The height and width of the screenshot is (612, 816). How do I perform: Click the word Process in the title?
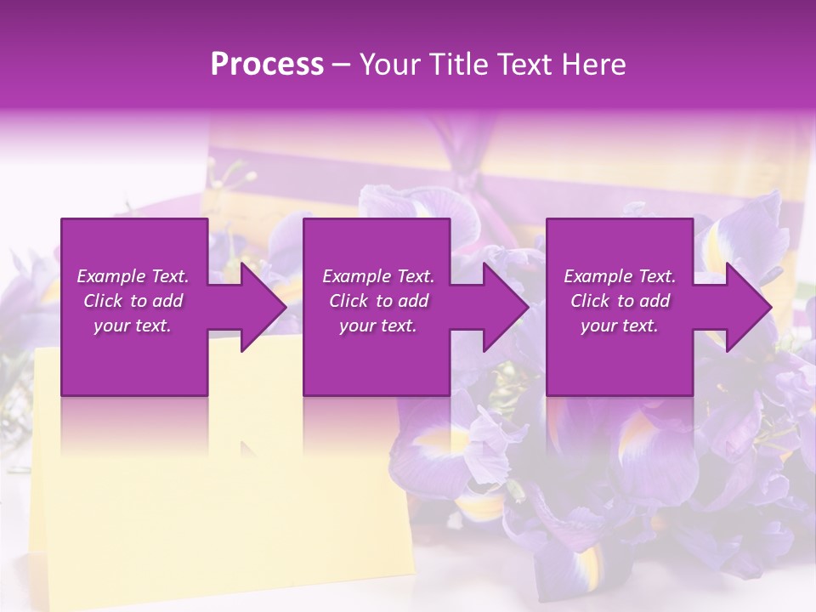[x=267, y=65]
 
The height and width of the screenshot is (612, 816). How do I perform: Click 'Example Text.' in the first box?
[x=133, y=276]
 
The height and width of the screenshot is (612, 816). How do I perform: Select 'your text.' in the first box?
[x=133, y=326]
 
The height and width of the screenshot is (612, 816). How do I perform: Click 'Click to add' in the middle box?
[x=378, y=301]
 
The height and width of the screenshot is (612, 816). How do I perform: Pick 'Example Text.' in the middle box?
[x=378, y=276]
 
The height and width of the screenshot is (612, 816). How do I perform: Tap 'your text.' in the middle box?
[x=378, y=326]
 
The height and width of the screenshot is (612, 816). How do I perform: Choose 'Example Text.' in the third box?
[x=620, y=276]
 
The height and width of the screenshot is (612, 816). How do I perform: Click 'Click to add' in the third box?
[x=620, y=301]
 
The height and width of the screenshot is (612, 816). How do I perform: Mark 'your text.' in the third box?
[x=620, y=326]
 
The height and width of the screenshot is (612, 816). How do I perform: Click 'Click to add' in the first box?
[x=133, y=301]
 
